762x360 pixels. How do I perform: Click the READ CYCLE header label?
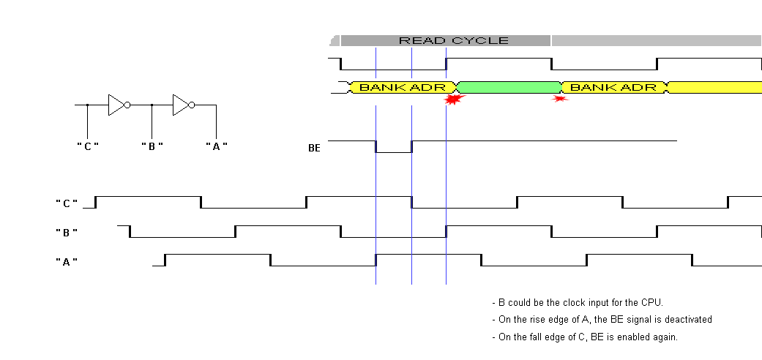pos(453,40)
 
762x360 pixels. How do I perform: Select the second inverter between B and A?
pos(183,105)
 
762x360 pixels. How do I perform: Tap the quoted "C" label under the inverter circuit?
pos(87,146)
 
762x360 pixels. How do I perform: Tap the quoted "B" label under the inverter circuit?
pos(152,146)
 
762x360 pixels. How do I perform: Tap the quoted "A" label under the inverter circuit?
pos(216,146)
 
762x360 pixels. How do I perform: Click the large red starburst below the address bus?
pos(455,100)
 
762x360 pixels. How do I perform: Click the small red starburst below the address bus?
pos(561,98)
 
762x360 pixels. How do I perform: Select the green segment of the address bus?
pos(508,88)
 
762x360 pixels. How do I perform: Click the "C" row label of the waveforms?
pos(67,203)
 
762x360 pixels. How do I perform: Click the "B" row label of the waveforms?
pos(67,232)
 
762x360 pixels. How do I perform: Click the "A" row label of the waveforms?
pos(67,261)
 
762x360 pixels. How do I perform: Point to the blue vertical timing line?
pos(412,220)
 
